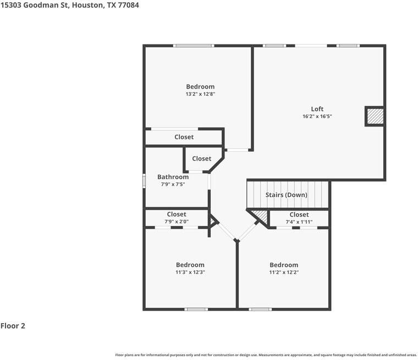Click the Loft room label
click(317, 109)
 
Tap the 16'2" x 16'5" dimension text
click(317, 117)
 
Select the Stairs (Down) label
click(286, 195)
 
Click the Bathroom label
click(173, 177)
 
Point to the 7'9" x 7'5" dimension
click(173, 185)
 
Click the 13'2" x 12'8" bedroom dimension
click(200, 94)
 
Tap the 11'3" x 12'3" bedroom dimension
click(190, 272)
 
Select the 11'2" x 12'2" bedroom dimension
click(284, 272)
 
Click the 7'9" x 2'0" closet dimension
click(176, 221)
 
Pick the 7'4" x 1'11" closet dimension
click(299, 221)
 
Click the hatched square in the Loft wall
click(375, 117)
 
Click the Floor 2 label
click(13, 326)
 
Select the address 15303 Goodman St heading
click(65, 5)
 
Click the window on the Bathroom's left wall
click(144, 180)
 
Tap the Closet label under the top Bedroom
click(184, 137)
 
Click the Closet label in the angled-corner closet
click(201, 158)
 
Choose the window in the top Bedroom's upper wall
click(194, 46)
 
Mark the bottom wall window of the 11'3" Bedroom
click(196, 309)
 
